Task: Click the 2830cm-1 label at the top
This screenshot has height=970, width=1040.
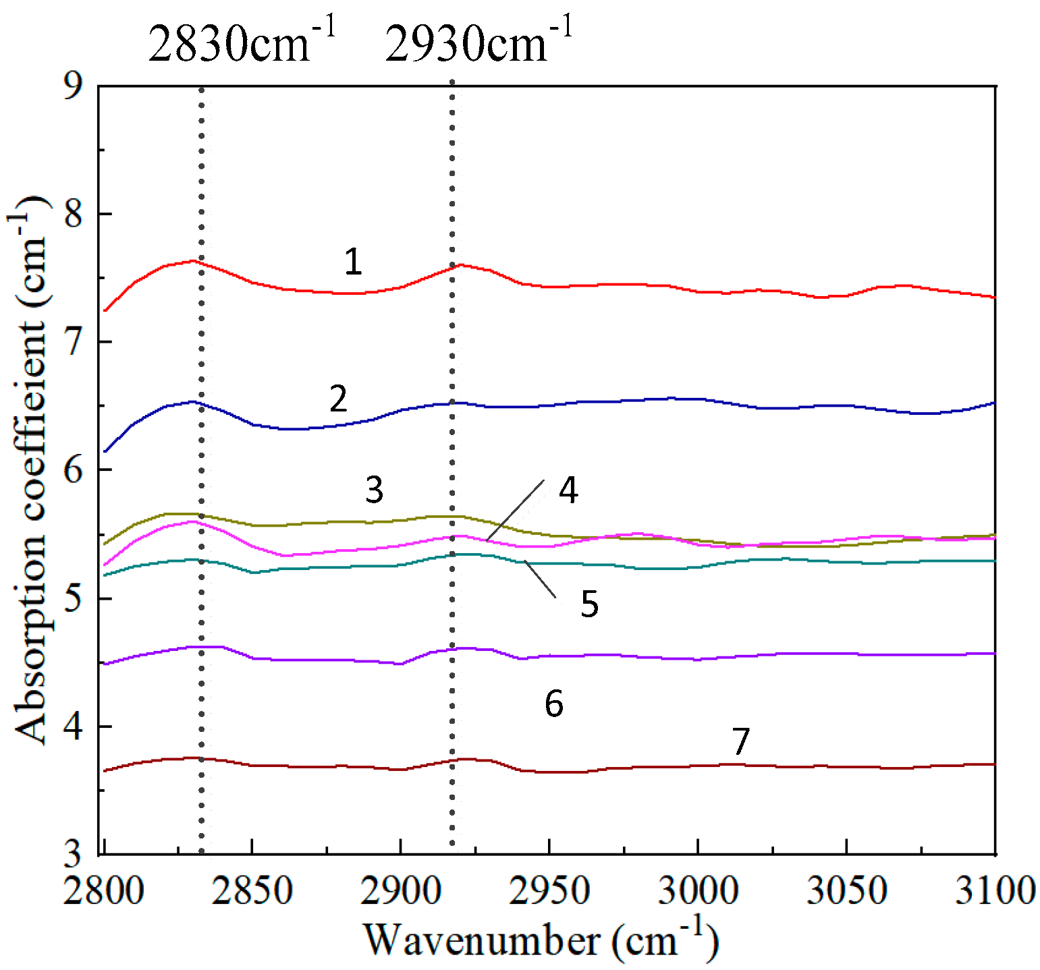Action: coord(241,42)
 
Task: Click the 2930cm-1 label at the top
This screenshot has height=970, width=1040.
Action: coord(478,42)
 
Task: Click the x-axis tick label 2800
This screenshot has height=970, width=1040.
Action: coord(104,890)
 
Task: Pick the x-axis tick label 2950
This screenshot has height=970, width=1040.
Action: coord(549,890)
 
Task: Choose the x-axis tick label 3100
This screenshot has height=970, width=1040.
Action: coord(995,890)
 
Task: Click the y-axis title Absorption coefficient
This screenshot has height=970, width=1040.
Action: coord(30,469)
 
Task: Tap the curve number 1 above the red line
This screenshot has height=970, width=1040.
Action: coord(353,262)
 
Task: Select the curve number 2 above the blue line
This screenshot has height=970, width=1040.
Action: coord(338,399)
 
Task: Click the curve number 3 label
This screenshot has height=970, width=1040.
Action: coord(374,490)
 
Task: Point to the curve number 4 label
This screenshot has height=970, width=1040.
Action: coord(568,490)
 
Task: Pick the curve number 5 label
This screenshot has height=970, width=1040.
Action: coord(589,604)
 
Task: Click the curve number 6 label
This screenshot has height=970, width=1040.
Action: coord(553,704)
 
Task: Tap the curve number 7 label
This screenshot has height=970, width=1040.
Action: coord(741,741)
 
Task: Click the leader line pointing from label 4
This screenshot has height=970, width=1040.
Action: coord(515,511)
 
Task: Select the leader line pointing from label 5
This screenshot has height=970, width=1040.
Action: coord(540,579)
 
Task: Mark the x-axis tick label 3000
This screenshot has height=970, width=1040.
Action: coord(698,890)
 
